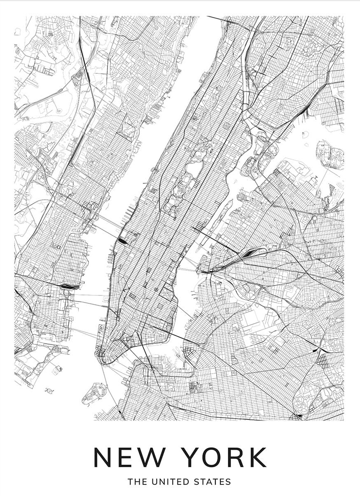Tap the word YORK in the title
point(224,457)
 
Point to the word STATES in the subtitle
point(212,482)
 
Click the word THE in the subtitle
point(136,482)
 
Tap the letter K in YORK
point(256,457)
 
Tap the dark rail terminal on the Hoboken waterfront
point(68,285)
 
